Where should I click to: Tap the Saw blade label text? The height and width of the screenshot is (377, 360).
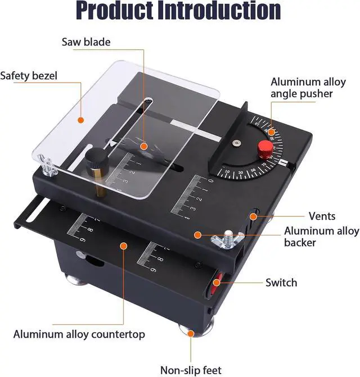86,42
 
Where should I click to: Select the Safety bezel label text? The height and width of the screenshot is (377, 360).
29,76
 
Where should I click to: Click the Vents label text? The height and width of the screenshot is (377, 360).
322,216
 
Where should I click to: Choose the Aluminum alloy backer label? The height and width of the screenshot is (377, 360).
321,237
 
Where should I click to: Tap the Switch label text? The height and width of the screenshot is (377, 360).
281,282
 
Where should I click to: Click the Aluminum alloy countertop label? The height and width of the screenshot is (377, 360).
79,334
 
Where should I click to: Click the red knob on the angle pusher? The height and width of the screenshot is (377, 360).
265,149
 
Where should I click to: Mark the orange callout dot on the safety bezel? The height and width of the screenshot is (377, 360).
80,119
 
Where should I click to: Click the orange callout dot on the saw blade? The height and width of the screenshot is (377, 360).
144,147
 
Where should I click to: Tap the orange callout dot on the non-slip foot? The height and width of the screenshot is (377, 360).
191,333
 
